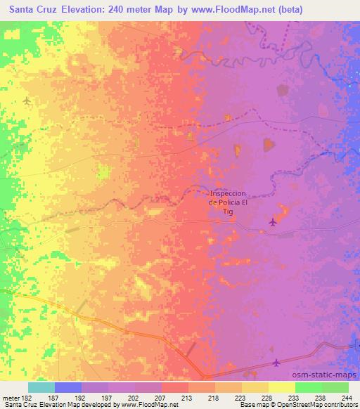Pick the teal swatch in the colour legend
click(x=41, y=387)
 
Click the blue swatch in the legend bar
click(x=68, y=387)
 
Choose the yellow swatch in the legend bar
click(x=281, y=387)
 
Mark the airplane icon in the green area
click(x=26, y=101)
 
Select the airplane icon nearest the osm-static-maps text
click(x=276, y=363)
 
